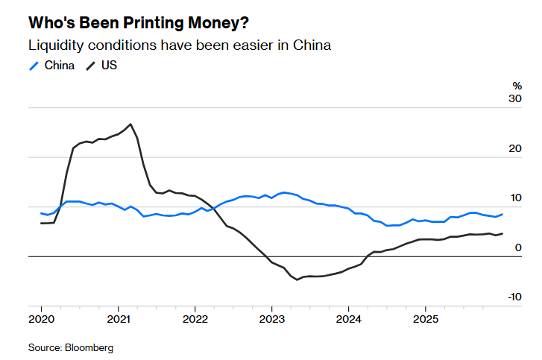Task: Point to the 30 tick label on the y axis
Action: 515,98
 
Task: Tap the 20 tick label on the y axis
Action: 515,148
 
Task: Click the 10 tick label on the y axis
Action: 515,198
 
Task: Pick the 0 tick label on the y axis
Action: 518,247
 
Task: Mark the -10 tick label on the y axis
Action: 514,297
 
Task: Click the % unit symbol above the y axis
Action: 517,85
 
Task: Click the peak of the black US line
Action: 130,124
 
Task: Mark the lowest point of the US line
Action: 297,280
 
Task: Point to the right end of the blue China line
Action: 502,214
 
